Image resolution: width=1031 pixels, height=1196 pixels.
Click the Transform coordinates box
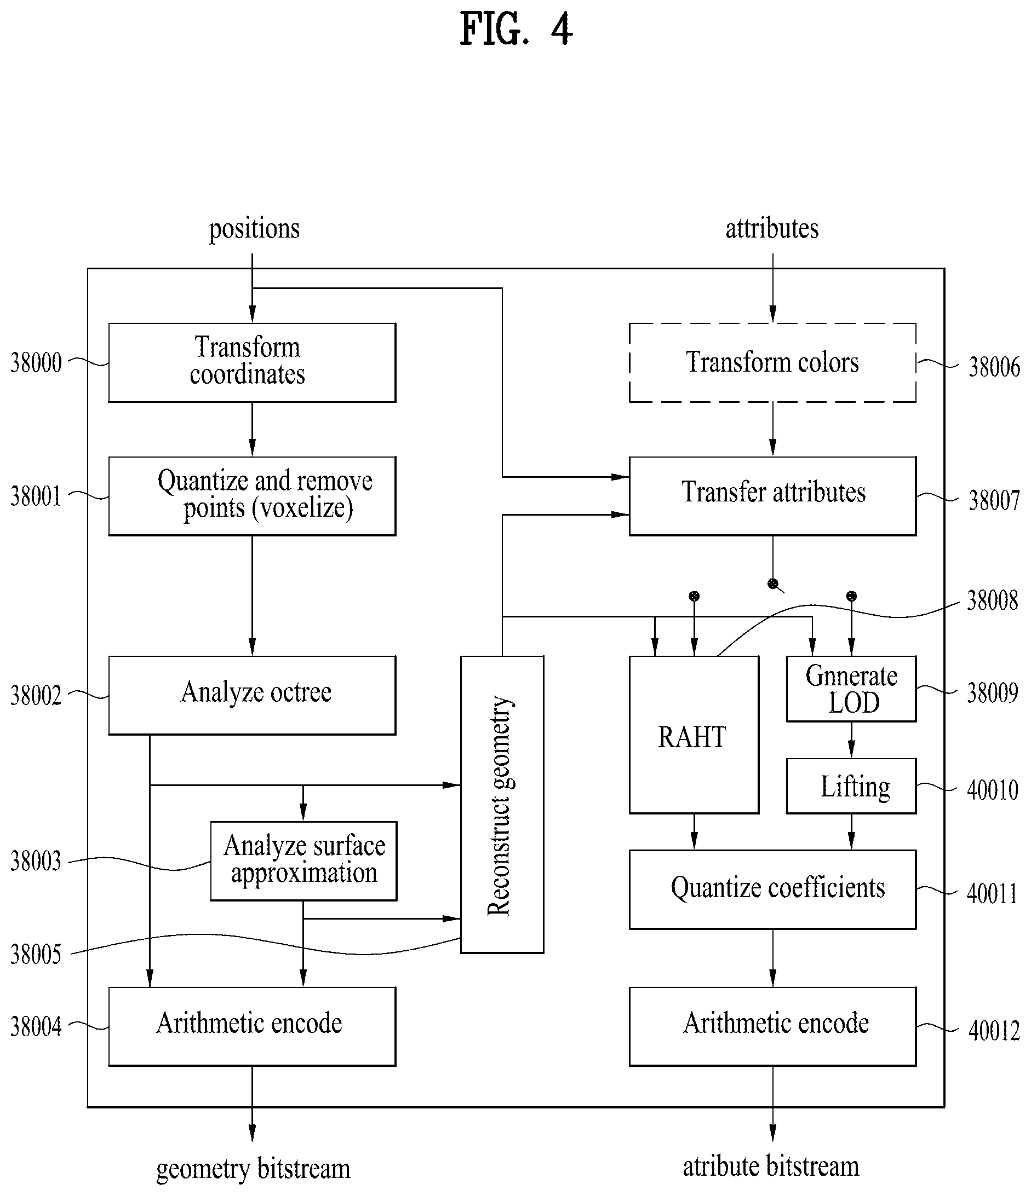click(x=252, y=362)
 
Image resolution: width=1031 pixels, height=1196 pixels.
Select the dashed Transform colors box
click(x=772, y=362)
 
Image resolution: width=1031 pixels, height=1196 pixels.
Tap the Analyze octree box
click(x=252, y=695)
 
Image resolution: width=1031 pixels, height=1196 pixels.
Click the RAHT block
click(x=694, y=735)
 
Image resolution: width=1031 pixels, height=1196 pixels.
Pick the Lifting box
click(x=851, y=786)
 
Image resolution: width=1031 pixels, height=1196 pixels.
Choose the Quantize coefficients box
click(x=772, y=889)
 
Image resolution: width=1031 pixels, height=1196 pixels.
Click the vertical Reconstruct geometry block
click(x=502, y=804)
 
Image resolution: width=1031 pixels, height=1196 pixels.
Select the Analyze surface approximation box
click(x=303, y=860)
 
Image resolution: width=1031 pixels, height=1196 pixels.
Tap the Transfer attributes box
click(x=772, y=496)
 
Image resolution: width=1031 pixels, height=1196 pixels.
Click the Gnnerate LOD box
click(x=851, y=689)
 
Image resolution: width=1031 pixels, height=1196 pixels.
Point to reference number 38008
click(x=992, y=601)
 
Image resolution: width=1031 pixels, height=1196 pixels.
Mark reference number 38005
click(x=36, y=955)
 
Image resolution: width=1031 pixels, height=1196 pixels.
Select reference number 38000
click(x=36, y=363)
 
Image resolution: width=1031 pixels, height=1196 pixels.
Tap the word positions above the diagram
click(x=254, y=229)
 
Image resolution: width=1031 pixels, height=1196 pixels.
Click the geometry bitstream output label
click(x=253, y=1169)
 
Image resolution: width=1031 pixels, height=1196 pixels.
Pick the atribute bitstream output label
click(x=771, y=1166)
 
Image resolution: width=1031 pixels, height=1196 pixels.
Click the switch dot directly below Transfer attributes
click(x=773, y=583)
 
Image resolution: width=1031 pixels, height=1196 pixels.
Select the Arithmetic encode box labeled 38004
click(x=252, y=1026)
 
